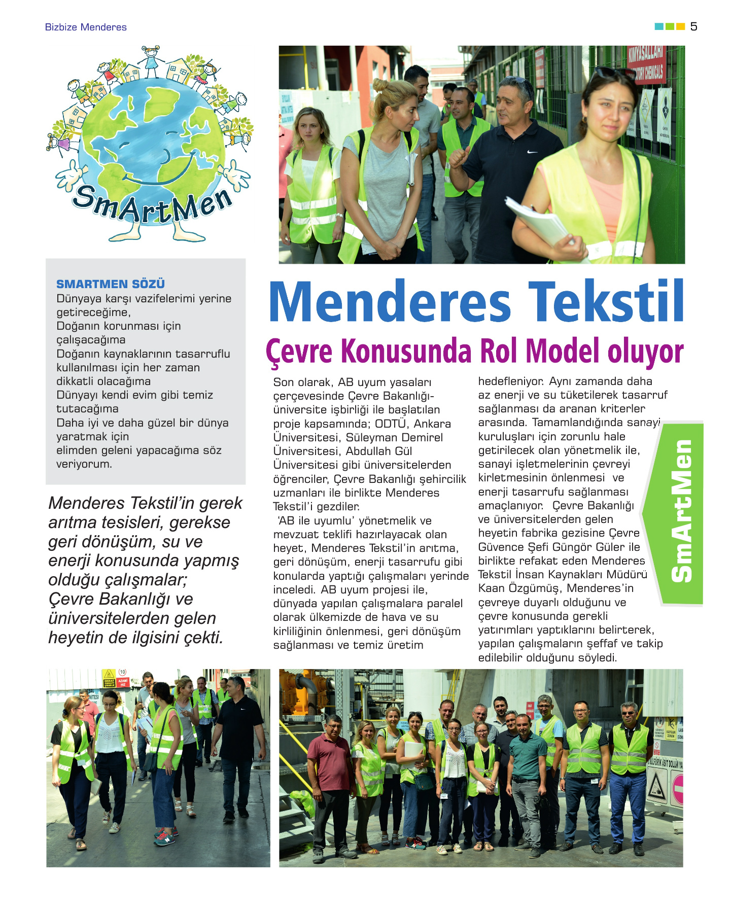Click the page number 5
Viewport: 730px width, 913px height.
click(693, 27)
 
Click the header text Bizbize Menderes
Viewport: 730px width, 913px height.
click(86, 27)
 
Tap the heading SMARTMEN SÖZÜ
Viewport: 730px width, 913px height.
click(111, 284)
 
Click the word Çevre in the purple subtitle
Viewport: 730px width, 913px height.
click(299, 351)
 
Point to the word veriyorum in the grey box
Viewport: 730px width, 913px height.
click(84, 464)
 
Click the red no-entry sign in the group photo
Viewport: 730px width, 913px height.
click(678, 789)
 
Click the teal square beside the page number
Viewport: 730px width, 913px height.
click(659, 27)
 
